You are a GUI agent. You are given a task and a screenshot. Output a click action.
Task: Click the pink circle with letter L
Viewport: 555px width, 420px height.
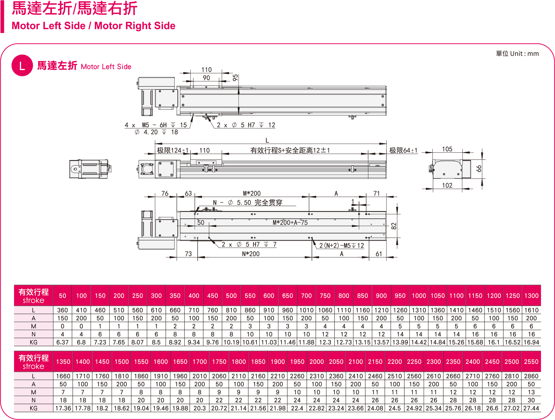22,65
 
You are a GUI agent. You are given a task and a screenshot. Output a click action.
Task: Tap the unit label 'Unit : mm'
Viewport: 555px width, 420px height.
524,54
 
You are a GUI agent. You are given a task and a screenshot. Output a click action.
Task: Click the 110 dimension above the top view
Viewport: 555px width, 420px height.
206,70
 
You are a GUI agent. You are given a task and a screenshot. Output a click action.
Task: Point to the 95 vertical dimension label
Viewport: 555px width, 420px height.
235,78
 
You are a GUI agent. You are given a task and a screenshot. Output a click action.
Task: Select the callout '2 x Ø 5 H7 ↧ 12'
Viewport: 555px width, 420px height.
246,125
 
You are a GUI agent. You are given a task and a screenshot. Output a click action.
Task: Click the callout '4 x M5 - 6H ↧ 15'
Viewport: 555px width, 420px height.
155,125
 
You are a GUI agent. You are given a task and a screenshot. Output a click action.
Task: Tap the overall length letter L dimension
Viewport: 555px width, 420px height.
267,141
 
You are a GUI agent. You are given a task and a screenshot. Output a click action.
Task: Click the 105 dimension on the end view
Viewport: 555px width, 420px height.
447,149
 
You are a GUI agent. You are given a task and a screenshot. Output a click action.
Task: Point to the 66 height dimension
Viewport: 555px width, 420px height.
479,168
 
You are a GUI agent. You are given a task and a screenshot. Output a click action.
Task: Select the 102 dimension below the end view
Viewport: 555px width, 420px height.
447,185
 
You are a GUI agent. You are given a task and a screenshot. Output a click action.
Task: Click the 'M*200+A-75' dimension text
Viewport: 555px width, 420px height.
290,223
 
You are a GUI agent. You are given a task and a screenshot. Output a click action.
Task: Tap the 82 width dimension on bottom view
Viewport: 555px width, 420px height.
394,226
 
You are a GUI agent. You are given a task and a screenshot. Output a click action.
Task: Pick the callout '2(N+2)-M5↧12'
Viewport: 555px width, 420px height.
341,246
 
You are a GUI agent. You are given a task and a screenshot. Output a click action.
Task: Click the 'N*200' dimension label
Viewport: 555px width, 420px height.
250,254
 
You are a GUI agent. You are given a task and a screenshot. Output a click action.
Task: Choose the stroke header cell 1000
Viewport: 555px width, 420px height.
419,296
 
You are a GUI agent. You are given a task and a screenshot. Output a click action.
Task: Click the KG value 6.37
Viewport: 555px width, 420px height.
62,342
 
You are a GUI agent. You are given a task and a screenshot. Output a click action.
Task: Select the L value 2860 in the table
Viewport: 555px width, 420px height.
531,376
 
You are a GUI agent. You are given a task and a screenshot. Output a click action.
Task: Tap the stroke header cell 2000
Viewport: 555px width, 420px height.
316,362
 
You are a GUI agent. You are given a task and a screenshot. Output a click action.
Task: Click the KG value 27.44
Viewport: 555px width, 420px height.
531,408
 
